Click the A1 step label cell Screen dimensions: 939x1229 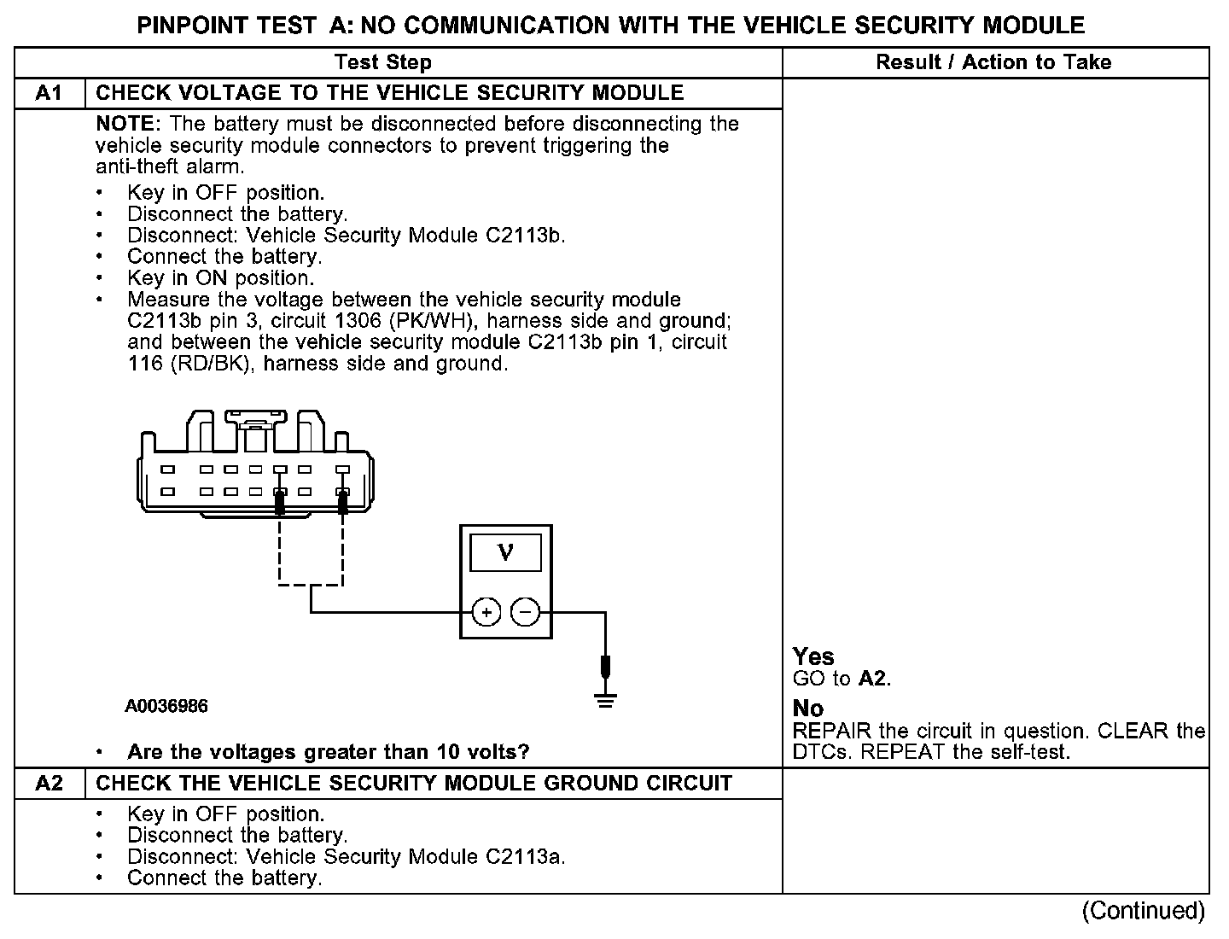[x=50, y=93]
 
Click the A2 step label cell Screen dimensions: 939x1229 [x=50, y=784]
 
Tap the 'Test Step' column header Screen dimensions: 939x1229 [x=383, y=62]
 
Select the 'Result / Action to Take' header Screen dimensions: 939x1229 [x=993, y=62]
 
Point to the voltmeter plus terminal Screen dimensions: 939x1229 [x=486, y=612]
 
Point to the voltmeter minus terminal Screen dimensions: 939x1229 [x=526, y=612]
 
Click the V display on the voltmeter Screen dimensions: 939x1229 [x=505, y=553]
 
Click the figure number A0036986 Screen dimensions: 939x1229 [x=166, y=707]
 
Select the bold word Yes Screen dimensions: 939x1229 [x=813, y=656]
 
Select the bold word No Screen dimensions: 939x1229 [x=808, y=709]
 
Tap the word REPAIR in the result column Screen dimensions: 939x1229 [x=832, y=732]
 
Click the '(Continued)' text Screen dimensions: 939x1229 [x=1143, y=912]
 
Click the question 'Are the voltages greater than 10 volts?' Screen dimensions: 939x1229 [x=329, y=752]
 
